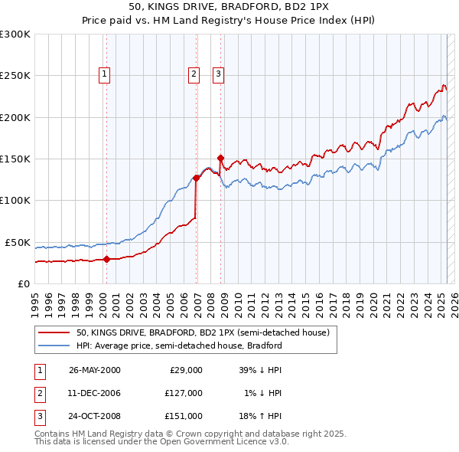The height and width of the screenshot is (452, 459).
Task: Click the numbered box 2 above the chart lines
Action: coord(194,74)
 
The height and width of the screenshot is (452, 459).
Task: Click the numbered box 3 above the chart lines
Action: coord(218,74)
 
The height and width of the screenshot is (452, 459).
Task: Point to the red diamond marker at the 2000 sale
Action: coord(106,259)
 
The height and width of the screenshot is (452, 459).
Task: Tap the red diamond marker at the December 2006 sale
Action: coord(196,178)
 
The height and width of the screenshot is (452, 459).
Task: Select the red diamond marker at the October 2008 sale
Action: coord(220,158)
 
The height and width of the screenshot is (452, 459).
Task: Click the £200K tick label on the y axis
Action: coord(15,118)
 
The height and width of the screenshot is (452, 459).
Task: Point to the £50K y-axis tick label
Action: coord(18,242)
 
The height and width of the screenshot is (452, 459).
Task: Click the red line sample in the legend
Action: coord(54,333)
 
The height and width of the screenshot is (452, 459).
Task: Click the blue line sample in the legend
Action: coord(54,346)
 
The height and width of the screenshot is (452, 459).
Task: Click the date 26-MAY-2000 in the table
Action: coord(95,370)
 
